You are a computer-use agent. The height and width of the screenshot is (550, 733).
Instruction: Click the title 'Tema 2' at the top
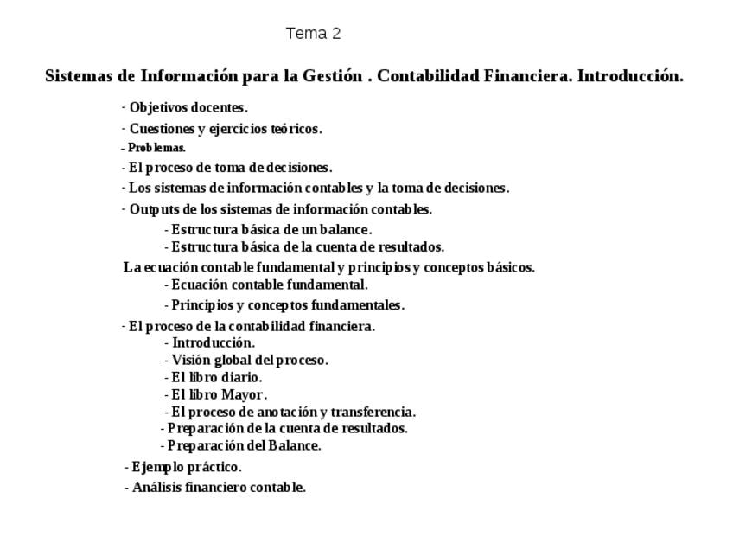tap(313, 34)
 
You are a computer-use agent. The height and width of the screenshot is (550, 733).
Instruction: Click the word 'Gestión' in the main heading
tap(332, 76)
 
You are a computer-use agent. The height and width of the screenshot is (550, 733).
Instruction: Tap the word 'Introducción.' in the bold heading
tap(630, 76)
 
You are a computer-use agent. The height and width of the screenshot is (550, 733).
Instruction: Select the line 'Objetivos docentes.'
tap(188, 108)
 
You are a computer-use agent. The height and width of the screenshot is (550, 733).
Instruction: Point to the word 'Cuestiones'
tap(162, 129)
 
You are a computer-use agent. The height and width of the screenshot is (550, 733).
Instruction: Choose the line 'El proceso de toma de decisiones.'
tap(230, 168)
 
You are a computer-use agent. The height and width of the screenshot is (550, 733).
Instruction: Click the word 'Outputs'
tap(152, 209)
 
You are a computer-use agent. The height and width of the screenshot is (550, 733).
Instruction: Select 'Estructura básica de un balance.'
tap(271, 230)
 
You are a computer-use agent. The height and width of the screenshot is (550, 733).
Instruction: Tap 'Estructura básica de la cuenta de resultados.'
tap(307, 246)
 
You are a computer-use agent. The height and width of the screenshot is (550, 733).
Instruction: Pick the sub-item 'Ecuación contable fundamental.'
tap(269, 285)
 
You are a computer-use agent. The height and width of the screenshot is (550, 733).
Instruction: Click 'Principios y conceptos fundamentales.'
tap(287, 305)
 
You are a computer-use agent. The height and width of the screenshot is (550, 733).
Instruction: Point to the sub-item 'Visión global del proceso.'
tap(249, 360)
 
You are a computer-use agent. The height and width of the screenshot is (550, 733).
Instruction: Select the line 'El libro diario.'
tap(216, 377)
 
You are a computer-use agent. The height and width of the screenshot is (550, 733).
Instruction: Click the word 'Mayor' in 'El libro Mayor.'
tap(242, 394)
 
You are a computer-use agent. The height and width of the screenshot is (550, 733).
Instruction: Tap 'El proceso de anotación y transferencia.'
tap(293, 412)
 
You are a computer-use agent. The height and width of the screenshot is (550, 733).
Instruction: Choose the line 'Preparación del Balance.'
tap(244, 446)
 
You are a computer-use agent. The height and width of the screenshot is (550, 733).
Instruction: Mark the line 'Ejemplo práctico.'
tap(186, 467)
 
